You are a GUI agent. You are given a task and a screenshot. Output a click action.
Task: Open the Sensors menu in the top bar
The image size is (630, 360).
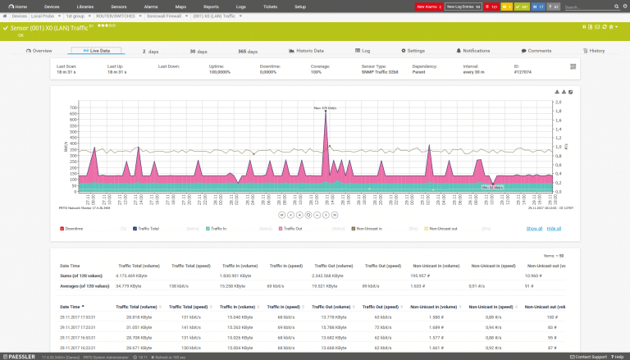click(x=118, y=6)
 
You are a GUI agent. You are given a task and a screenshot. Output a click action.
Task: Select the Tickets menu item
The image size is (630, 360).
click(x=269, y=6)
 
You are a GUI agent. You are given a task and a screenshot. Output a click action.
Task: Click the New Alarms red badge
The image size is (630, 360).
click(x=427, y=7)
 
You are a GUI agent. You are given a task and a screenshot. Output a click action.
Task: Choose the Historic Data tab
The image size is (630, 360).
click(x=307, y=51)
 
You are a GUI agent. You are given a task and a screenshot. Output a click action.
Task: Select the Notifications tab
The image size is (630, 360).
click(x=473, y=51)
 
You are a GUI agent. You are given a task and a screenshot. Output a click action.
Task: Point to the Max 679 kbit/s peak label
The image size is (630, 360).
click(x=326, y=107)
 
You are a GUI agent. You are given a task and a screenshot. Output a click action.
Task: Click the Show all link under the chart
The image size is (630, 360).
click(x=534, y=228)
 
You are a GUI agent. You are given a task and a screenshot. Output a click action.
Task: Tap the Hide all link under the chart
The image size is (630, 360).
click(x=555, y=228)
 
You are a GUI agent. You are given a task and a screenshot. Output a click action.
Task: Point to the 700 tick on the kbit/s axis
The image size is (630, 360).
click(x=73, y=107)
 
